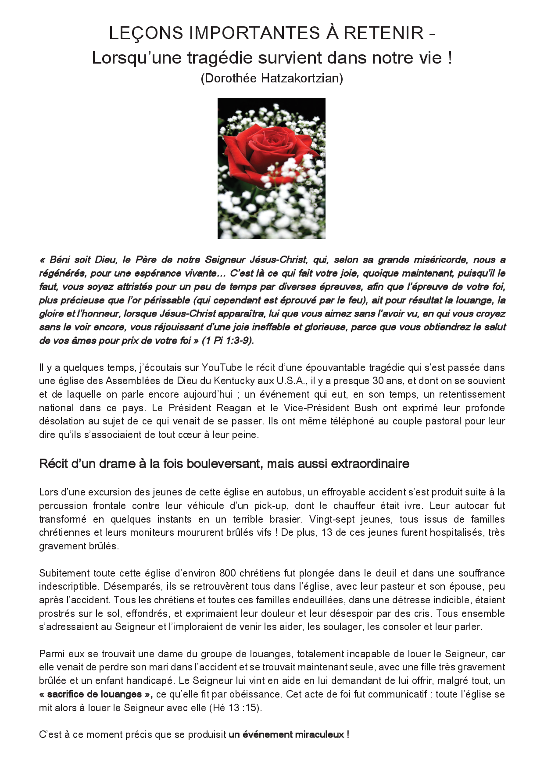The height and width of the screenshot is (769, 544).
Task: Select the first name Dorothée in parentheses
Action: (231, 78)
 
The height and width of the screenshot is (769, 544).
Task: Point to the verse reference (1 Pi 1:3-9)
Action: (228, 341)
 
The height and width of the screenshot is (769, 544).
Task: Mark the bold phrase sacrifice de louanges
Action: (94, 694)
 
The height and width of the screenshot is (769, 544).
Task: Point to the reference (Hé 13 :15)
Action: (235, 708)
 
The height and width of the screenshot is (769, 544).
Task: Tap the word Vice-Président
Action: (317, 408)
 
